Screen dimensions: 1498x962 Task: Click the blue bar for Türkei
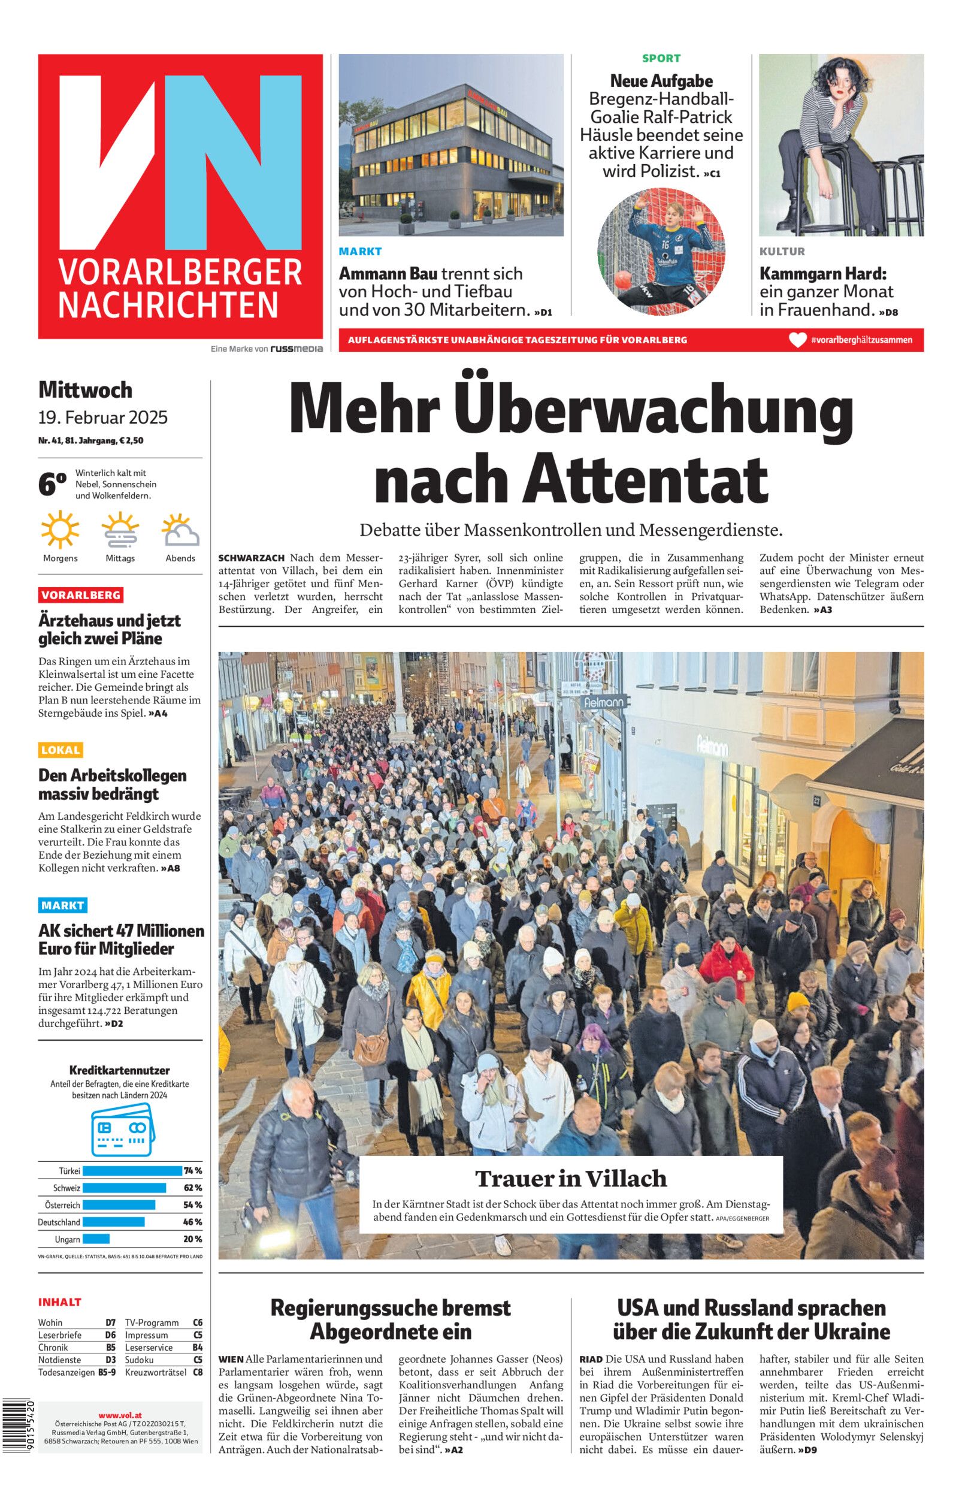(x=131, y=1171)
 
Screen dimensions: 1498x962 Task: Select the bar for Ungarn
(x=96, y=1239)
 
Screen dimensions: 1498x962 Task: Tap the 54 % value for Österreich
(x=192, y=1204)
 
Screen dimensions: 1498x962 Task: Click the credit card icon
(x=121, y=1129)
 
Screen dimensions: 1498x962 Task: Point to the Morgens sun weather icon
(x=60, y=530)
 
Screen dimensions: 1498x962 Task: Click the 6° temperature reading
(x=52, y=485)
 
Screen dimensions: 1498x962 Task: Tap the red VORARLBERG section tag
(x=81, y=594)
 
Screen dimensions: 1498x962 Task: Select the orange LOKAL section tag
(x=60, y=750)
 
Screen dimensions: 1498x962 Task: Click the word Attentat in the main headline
(x=645, y=479)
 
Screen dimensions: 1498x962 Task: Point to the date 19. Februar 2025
(x=103, y=417)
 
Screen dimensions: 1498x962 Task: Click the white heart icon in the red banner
(x=797, y=340)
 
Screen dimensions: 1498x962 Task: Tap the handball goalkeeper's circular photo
(x=661, y=250)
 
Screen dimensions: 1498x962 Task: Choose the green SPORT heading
(x=661, y=58)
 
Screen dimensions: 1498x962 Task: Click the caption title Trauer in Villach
(x=571, y=1178)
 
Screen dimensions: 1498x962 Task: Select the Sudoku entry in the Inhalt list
(x=140, y=1360)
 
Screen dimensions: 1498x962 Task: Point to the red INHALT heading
(x=60, y=1302)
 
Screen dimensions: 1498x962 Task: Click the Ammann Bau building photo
(x=451, y=145)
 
